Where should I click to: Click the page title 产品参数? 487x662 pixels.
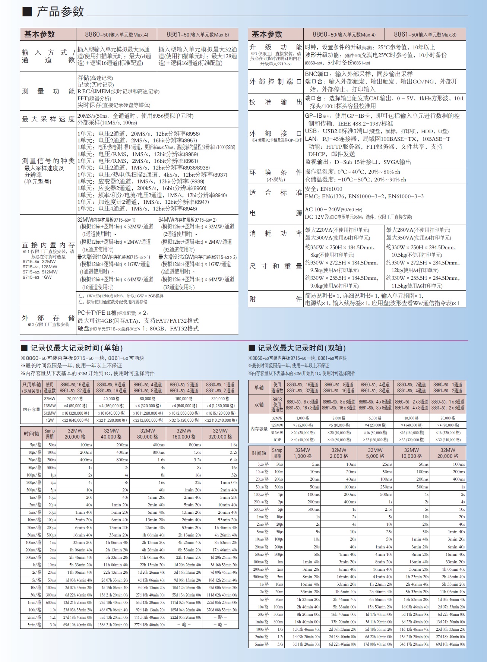pos(60,12)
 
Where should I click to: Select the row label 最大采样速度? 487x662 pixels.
pos(48,119)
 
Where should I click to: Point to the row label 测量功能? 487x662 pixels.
pos(48,91)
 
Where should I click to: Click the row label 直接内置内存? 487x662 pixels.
pos(48,245)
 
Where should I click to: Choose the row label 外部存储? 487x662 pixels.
pos(48,318)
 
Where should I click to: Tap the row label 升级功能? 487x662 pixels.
pos(275,47)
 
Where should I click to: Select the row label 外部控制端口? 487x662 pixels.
pos(275,82)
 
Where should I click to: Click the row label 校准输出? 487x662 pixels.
pos(275,102)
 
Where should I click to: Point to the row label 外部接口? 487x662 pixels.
pos(275,133)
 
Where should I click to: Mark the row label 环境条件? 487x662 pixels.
pos(275,172)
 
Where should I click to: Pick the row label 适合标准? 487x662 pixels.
pos(275,193)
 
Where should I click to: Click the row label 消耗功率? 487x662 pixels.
pos(275,234)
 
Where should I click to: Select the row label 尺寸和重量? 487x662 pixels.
pos(275,266)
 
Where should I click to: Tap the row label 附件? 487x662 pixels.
pos(275,299)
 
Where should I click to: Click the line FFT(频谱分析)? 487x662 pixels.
pos(94,98)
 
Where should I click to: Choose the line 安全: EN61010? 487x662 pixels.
pos(323,189)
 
